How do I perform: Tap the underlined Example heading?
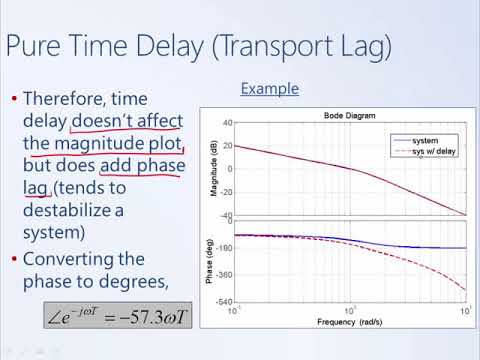pyautogui.click(x=269, y=89)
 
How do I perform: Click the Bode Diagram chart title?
pyautogui.click(x=349, y=116)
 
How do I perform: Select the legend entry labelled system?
pyautogui.click(x=425, y=141)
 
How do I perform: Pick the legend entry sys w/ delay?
pyautogui.click(x=433, y=152)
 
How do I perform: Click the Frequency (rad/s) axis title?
pyautogui.click(x=349, y=324)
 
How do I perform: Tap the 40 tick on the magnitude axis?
pyautogui.click(x=227, y=123)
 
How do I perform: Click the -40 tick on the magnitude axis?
pyautogui.click(x=226, y=216)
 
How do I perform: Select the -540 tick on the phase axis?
pyautogui.click(x=224, y=302)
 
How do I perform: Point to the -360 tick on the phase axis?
pyautogui.click(x=224, y=275)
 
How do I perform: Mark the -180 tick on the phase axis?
pyautogui.click(x=224, y=248)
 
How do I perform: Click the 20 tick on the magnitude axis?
pyautogui.click(x=227, y=146)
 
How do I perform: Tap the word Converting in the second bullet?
pyautogui.click(x=71, y=258)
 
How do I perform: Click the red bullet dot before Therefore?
pyautogui.click(x=12, y=99)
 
